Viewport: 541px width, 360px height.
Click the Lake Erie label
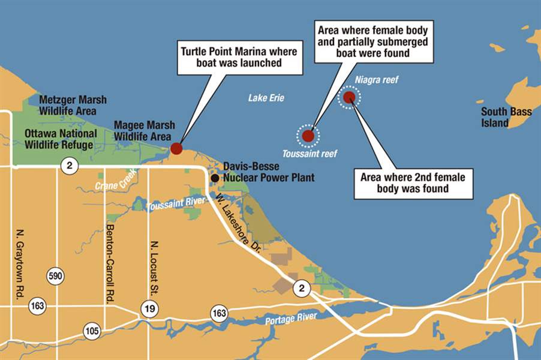pos(266,98)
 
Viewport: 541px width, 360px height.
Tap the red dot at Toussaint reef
pos(308,136)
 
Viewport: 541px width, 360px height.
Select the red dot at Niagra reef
pos(349,97)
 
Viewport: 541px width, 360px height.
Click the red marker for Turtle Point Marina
pos(176,148)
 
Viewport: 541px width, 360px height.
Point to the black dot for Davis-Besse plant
pos(215,178)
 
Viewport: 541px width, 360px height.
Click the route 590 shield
pos(55,277)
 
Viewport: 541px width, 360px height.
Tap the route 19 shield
pos(149,309)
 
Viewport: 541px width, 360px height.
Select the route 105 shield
pos(92,331)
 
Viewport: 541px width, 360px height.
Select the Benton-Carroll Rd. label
pos(109,264)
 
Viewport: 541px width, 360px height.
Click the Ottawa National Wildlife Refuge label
pos(59,139)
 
